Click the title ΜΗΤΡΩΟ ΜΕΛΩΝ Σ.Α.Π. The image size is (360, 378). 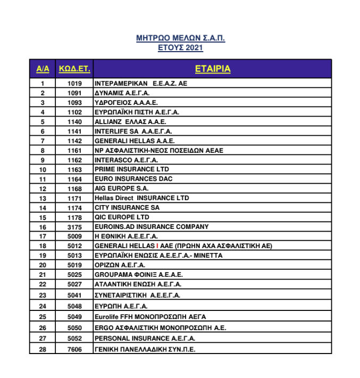click(x=180, y=38)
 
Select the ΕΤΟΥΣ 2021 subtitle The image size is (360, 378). click(x=180, y=48)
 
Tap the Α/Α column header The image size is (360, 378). click(x=43, y=69)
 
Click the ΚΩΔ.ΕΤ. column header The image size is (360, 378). click(x=74, y=69)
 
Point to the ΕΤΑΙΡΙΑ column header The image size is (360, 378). click(x=212, y=69)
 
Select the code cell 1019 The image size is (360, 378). click(x=74, y=84)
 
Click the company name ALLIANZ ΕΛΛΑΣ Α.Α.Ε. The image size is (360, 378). click(x=130, y=122)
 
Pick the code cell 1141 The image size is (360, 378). click(x=74, y=132)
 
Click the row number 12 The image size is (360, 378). click(x=43, y=188)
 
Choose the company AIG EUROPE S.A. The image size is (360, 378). click(x=122, y=188)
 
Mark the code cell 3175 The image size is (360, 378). click(x=74, y=227)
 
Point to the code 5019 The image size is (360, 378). click(x=74, y=265)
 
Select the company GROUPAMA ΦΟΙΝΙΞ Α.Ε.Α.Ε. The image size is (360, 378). click(x=139, y=275)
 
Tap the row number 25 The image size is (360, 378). click(x=43, y=317)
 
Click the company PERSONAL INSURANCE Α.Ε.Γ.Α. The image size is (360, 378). click(x=145, y=339)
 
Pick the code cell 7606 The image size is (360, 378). click(x=74, y=349)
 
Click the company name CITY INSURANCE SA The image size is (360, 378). click(x=127, y=208)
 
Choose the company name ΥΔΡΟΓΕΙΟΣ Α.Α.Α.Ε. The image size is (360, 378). click(x=126, y=103)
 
